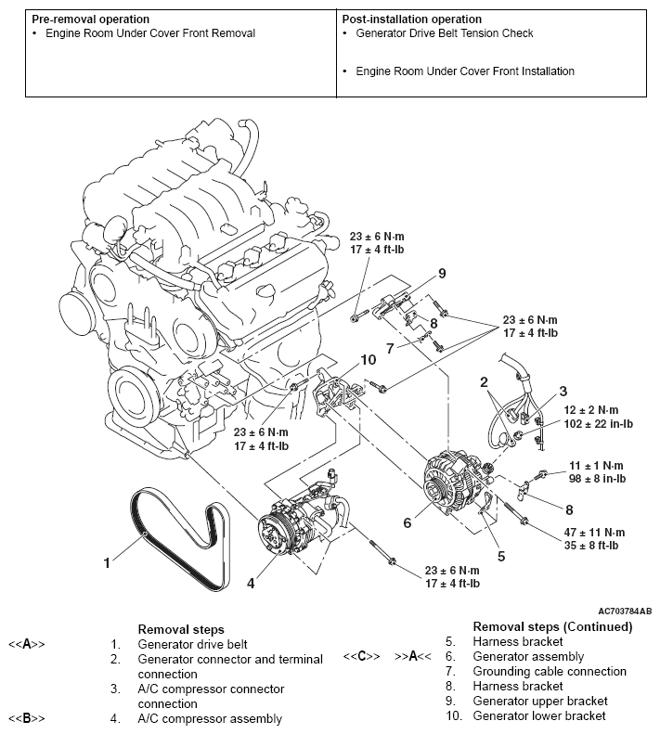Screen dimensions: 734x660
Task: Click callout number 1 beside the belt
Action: [108, 560]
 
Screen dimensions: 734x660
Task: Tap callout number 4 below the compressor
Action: [250, 584]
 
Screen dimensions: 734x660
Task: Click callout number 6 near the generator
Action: [407, 522]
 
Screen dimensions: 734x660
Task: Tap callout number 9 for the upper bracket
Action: [443, 273]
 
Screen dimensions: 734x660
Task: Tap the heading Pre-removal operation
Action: [91, 19]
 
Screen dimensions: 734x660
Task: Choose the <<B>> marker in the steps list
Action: [27, 718]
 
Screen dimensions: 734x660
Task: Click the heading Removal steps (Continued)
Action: [552, 626]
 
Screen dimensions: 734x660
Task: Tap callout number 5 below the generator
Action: [500, 557]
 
